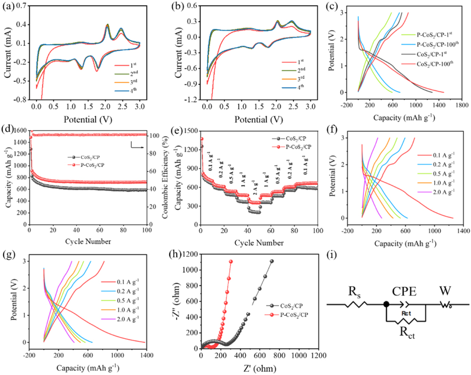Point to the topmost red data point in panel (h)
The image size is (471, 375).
(x=231, y=262)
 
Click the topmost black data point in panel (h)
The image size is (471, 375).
(x=272, y=261)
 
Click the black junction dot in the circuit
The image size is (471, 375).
(x=386, y=304)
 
